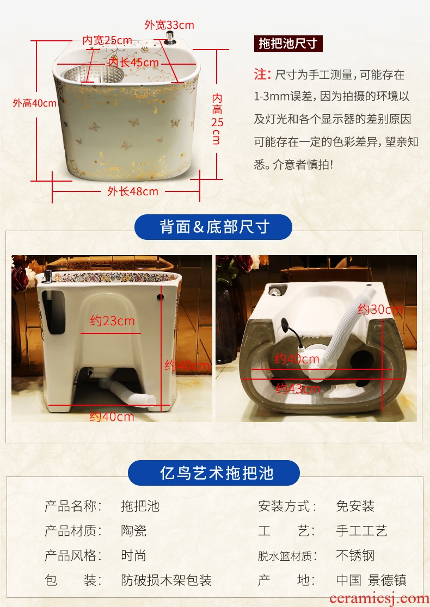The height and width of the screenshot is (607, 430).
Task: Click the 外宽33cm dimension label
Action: [x=169, y=25]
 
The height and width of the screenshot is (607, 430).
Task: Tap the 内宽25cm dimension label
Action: [x=107, y=40]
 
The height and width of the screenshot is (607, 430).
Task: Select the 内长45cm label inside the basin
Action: [x=134, y=63]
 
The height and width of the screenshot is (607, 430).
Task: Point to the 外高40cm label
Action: [x=34, y=103]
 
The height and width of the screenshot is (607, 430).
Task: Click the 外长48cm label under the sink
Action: [x=133, y=191]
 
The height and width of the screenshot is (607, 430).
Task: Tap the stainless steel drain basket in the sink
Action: [x=94, y=74]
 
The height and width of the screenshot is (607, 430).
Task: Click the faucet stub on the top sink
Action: [x=170, y=38]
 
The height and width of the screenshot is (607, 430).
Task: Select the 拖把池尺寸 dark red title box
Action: [x=288, y=44]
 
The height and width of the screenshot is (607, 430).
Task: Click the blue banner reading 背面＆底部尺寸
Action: [x=213, y=227]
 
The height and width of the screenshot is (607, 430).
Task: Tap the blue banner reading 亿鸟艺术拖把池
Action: [x=214, y=473]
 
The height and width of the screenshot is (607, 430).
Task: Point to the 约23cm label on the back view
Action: [x=112, y=320]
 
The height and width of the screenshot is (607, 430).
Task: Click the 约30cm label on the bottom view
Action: [x=380, y=309]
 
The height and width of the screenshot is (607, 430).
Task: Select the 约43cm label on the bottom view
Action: [x=298, y=388]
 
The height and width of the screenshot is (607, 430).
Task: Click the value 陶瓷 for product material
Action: [x=134, y=531]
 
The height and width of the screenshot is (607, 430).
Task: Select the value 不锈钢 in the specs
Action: [x=355, y=555]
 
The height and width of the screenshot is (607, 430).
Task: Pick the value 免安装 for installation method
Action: [x=355, y=506]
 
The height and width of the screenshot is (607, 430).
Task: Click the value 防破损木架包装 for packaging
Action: [x=166, y=580]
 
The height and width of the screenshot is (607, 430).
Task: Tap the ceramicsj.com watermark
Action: [x=379, y=598]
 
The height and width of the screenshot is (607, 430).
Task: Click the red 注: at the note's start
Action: [x=262, y=74]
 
